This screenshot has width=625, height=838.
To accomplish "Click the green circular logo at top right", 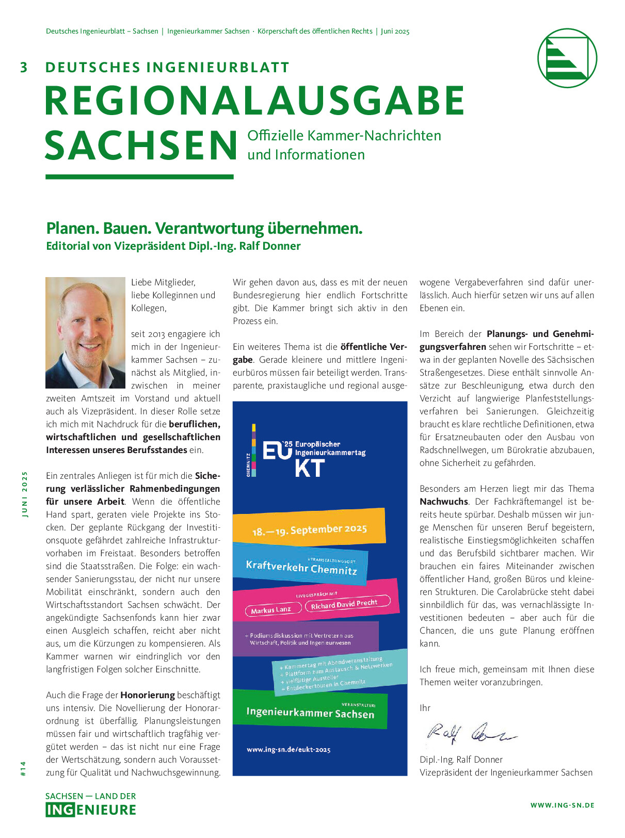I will tap(567, 58).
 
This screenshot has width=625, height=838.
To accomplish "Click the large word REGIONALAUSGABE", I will tap(255, 101).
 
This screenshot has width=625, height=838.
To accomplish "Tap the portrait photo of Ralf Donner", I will tap(85, 333).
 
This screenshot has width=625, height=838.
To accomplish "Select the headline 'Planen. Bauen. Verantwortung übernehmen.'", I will tap(204, 228).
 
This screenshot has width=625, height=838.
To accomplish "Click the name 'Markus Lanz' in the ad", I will tap(271, 610).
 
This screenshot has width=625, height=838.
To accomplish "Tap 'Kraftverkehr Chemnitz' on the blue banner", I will tap(301, 567).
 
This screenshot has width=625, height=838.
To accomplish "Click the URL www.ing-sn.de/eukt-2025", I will tap(289, 749).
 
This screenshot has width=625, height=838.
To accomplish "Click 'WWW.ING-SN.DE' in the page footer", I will tap(562, 805).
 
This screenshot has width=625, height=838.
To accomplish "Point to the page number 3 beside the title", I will tap(24, 68).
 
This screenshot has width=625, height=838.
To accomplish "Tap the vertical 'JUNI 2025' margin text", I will tap(24, 494).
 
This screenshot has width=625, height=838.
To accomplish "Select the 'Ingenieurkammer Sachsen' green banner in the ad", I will tap(310, 713).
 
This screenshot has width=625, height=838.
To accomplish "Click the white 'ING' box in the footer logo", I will tap(60, 810).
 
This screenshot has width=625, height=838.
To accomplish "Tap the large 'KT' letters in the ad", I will tap(310, 468).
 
